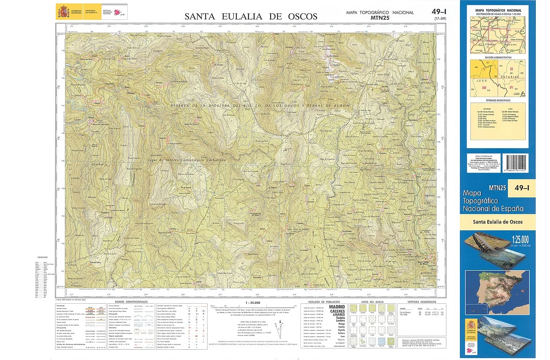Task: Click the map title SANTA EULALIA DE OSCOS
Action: pyautogui.click(x=251, y=17)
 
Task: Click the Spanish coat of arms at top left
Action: pyautogui.click(x=62, y=11)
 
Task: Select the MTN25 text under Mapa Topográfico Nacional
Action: pyautogui.click(x=379, y=18)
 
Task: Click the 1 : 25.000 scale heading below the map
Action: pyautogui.click(x=253, y=302)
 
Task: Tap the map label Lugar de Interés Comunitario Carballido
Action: pyautogui.click(x=192, y=159)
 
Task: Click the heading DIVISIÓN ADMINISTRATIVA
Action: pyautogui.click(x=498, y=57)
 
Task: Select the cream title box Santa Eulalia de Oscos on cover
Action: pyautogui.click(x=498, y=222)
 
